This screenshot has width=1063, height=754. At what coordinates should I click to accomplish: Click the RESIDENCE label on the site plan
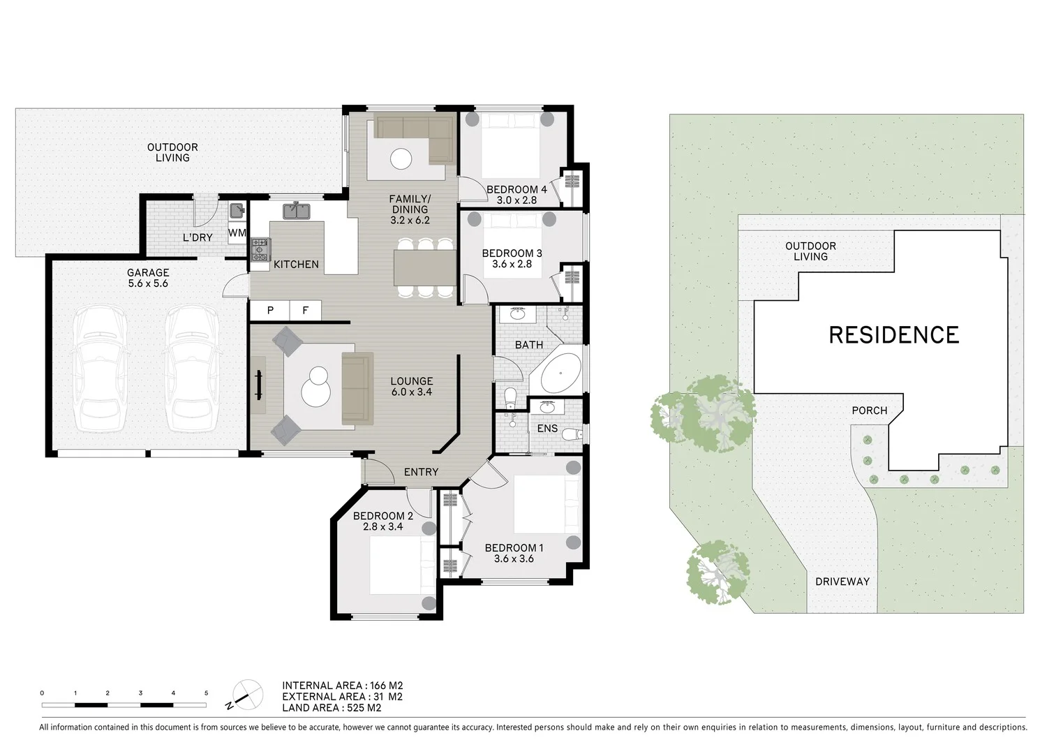(893, 335)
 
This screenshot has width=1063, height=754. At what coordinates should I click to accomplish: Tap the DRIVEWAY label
(842, 582)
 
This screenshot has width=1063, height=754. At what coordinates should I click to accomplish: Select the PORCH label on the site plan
(869, 411)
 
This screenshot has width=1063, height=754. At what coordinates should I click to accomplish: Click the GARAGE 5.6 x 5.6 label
(147, 278)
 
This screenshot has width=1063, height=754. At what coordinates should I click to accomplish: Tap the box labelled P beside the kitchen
(270, 311)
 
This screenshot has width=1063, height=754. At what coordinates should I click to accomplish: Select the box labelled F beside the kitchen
(305, 311)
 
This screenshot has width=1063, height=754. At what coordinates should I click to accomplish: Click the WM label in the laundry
(237, 233)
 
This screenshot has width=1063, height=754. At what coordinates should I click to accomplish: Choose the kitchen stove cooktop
(260, 250)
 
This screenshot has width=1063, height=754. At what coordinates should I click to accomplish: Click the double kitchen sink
(297, 210)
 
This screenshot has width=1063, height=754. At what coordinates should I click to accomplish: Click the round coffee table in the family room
(401, 159)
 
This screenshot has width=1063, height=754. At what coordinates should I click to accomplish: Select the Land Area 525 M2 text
(332, 707)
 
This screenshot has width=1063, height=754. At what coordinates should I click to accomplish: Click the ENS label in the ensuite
(547, 428)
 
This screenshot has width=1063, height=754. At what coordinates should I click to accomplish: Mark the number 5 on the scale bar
(206, 693)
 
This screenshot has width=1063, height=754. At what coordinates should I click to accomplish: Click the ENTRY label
(421, 472)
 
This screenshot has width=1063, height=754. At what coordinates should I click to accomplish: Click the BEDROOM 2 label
(382, 516)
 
